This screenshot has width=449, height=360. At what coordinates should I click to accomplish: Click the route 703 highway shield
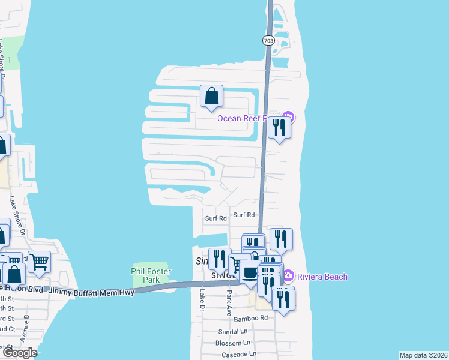coord(268,40)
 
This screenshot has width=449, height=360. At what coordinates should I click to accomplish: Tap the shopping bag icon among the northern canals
coord(211,96)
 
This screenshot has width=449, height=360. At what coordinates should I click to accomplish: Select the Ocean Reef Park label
coord(248,118)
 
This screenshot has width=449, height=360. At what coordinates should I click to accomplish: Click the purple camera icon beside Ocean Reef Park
coord(288,116)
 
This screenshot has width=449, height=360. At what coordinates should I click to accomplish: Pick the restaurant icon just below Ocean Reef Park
coord(279,127)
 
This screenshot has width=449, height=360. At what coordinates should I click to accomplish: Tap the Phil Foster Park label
coord(151,275)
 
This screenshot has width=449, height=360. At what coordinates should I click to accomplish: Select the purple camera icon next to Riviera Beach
coord(289,275)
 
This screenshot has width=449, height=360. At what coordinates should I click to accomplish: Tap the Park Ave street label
coord(229,304)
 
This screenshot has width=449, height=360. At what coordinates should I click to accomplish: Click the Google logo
coord(19,353)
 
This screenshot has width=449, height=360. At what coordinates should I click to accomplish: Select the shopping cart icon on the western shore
coord(39,262)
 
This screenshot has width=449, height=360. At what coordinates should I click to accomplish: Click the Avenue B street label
coord(25,328)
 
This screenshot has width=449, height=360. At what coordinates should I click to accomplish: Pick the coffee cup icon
coord(250,273)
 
